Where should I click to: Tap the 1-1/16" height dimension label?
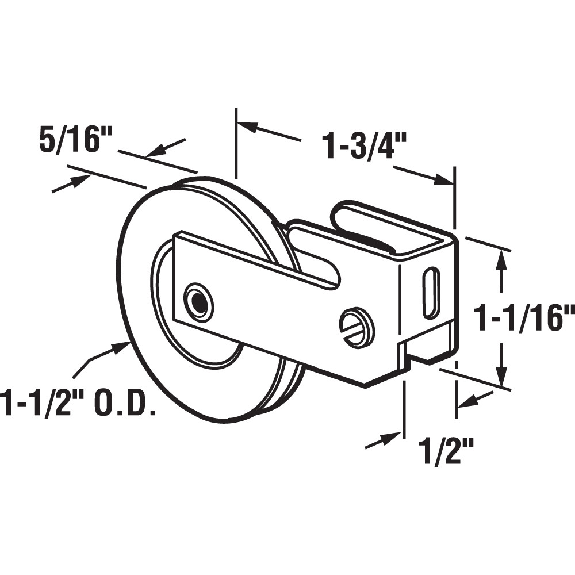pos(523,319)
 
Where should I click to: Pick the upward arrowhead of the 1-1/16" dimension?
pos(503,259)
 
